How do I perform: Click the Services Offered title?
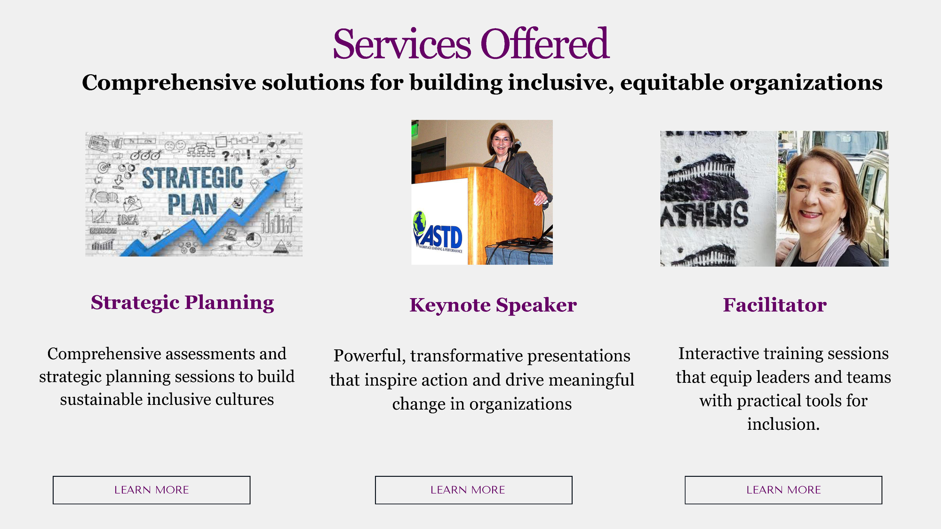[x=471, y=44]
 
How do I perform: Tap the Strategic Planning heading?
[x=183, y=303]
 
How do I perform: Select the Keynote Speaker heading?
[x=493, y=305]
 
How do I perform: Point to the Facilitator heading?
[x=775, y=305]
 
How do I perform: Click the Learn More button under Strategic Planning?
[x=152, y=490]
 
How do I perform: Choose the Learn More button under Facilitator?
[x=783, y=490]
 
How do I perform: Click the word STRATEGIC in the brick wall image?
[x=192, y=178]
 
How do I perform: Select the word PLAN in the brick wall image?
[x=192, y=205]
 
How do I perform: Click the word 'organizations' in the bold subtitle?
[x=806, y=83]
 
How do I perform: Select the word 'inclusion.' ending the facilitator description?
[x=783, y=424]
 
